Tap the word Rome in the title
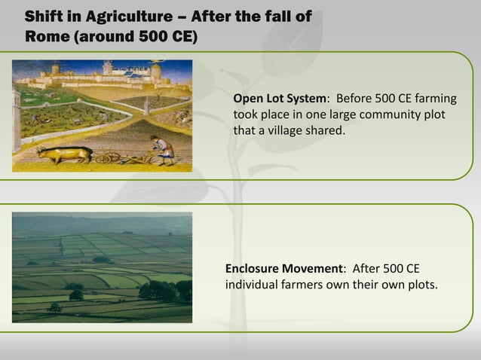[47, 36]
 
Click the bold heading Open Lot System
[280, 99]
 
